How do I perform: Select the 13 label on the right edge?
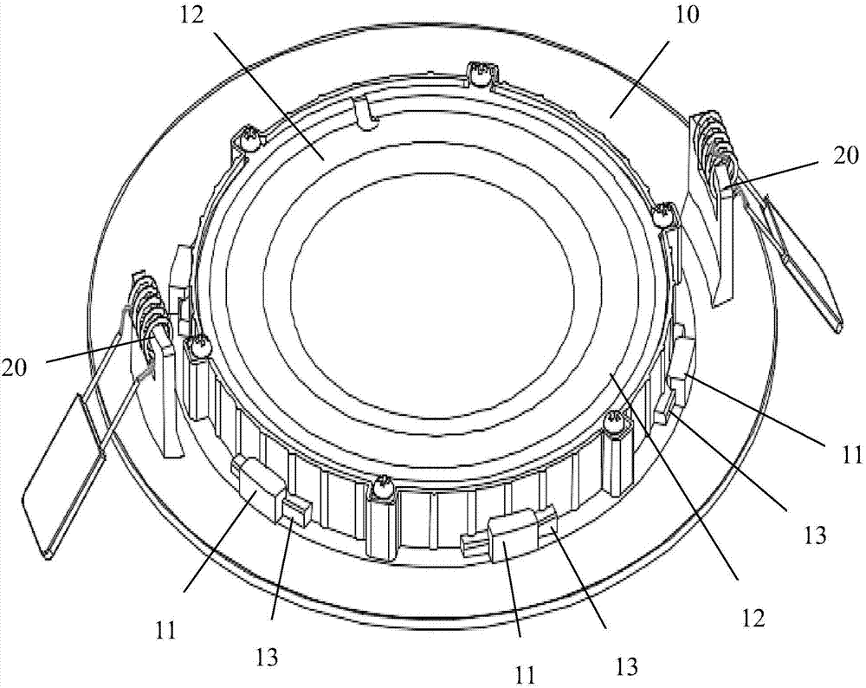point(818,534)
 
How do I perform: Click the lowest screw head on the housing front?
point(380,492)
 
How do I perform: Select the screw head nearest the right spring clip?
point(664,211)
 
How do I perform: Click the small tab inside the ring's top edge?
point(366,111)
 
